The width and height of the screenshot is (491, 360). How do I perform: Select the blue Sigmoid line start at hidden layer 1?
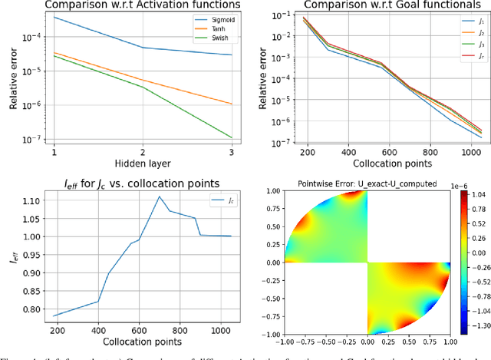(x=54, y=17)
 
